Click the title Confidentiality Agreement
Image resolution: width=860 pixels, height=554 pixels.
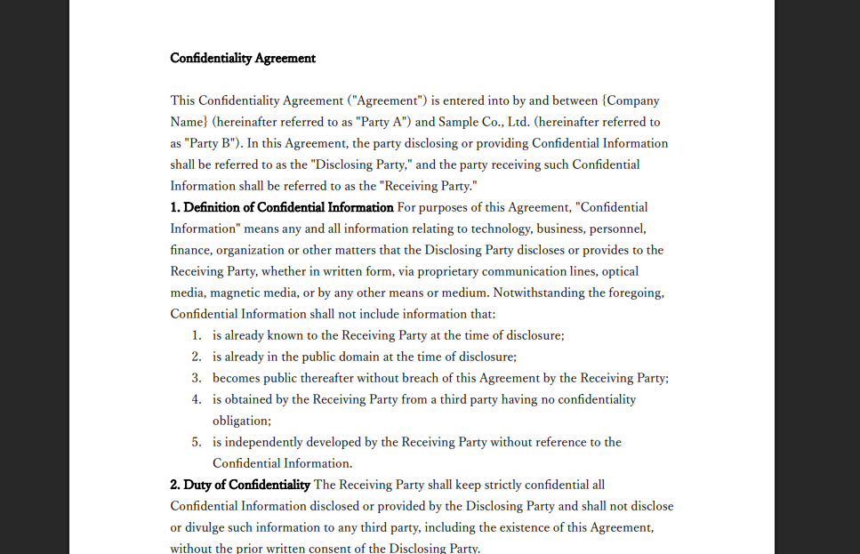(243, 59)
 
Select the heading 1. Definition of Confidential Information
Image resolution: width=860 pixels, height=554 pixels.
(282, 207)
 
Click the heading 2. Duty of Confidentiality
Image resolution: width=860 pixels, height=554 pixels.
(240, 485)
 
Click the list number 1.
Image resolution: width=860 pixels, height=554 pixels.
(197, 335)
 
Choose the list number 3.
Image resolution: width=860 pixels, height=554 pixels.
(197, 378)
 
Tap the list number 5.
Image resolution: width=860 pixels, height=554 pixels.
(197, 442)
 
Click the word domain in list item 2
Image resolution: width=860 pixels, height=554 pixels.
(358, 357)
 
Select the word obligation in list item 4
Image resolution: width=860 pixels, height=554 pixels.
(240, 421)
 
